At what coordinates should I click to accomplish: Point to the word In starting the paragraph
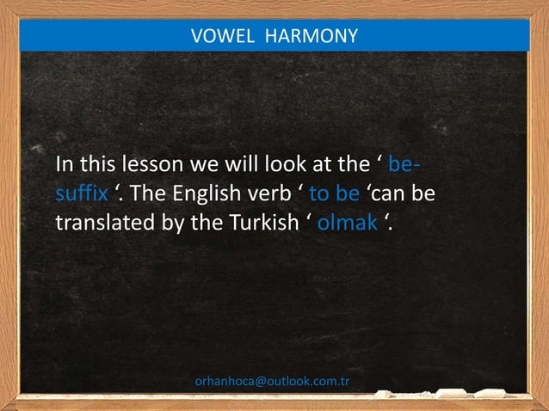65,164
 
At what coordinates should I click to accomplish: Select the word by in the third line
173,223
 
